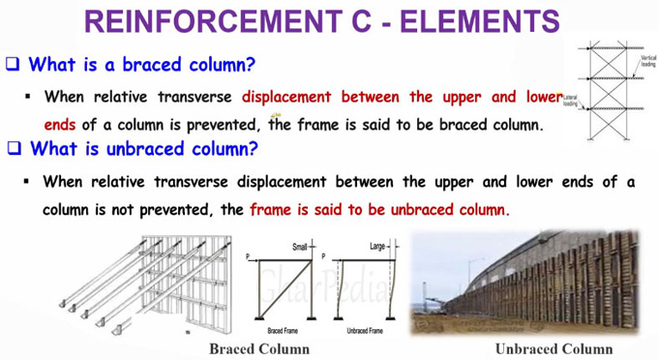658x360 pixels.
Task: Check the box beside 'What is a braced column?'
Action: point(14,65)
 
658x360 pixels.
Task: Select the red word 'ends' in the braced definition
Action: point(60,125)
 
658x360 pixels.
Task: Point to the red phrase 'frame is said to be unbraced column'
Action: point(378,209)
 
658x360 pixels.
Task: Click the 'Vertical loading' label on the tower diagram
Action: point(646,61)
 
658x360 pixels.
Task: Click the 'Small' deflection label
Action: point(300,248)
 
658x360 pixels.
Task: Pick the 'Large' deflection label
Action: point(378,248)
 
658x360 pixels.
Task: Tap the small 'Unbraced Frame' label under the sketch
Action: point(363,330)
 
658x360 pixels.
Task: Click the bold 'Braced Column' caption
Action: point(259,347)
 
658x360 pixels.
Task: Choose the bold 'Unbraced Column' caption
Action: point(553,347)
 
